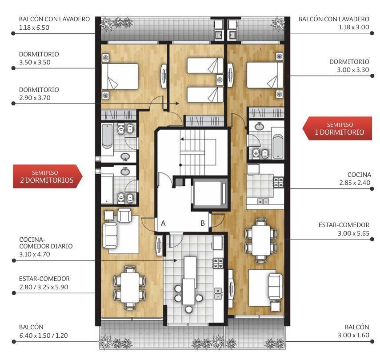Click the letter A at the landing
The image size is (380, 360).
(163, 223)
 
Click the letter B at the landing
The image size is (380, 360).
(203, 223)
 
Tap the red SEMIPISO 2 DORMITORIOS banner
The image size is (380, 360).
(48, 176)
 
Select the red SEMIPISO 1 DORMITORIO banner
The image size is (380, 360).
(337, 128)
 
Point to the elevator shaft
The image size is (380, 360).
(209, 194)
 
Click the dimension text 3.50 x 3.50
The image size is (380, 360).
(35, 62)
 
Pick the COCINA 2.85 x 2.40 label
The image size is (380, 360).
(355, 179)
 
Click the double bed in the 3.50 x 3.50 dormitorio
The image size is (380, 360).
(120, 76)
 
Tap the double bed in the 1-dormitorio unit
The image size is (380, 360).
(265, 75)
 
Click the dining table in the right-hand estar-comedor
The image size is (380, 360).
(261, 240)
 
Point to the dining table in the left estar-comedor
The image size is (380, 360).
(130, 287)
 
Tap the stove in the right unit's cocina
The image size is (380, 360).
(279, 183)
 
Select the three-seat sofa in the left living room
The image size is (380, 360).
(110, 236)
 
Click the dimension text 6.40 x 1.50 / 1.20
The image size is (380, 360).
(44, 336)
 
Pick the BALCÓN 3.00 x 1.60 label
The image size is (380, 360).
(353, 331)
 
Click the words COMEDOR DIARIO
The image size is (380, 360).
(46, 246)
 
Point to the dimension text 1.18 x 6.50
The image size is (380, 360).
(34, 28)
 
